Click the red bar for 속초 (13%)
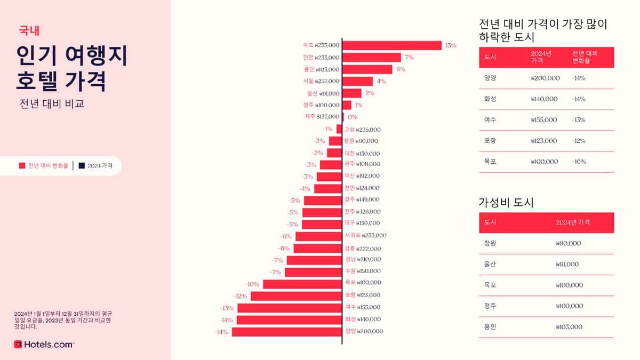tap(391, 45)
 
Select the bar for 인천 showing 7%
tap(371, 57)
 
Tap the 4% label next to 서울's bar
tap(381, 81)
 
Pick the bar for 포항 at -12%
tap(296, 295)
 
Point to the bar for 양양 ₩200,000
tap(286, 332)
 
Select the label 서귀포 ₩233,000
tap(365, 235)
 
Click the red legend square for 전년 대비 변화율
tap(22, 166)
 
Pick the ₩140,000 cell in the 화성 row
tap(544, 99)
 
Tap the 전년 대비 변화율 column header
tap(585, 57)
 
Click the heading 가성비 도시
tap(506, 203)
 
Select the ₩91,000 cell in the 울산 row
tap(568, 264)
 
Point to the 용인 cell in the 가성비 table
tap(490, 327)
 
